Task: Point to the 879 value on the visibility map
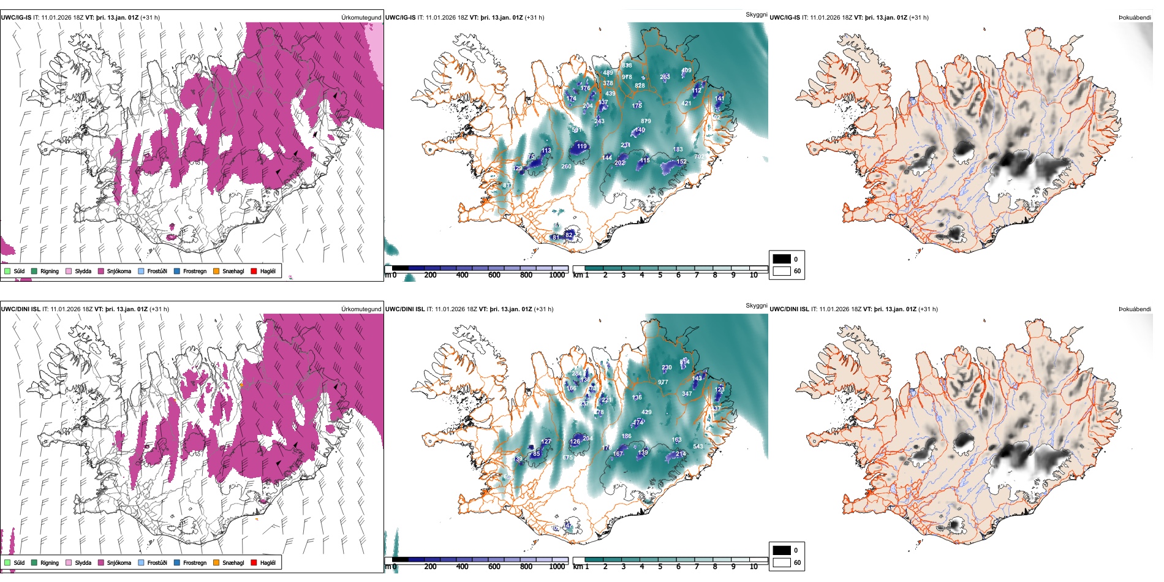tap(646, 121)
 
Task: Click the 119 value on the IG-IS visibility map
tap(581, 146)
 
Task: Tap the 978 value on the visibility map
tap(627, 77)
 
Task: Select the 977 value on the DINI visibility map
tap(663, 382)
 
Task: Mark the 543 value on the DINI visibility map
tap(698, 446)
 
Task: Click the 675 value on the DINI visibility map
tap(567, 458)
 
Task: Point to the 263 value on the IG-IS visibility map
tap(665, 77)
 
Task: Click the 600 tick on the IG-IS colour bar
tap(494, 275)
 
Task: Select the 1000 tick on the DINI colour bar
tap(557, 567)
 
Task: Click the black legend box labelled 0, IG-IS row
tap(782, 259)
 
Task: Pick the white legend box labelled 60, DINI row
tap(782, 562)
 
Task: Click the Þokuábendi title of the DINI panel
tap(1135, 309)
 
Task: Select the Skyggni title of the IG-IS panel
tap(756, 14)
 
